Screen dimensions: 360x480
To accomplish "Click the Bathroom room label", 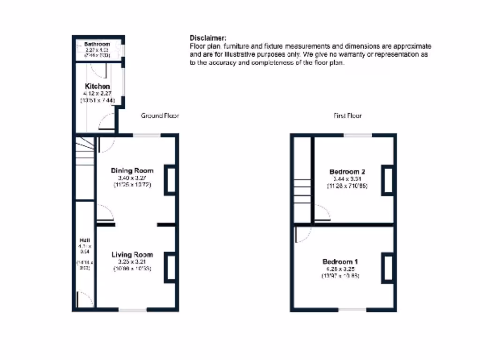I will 97,44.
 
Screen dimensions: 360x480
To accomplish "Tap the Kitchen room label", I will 97,86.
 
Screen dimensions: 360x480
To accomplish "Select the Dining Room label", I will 132,170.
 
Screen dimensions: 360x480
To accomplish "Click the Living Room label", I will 132,255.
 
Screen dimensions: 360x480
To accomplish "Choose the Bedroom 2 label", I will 347,172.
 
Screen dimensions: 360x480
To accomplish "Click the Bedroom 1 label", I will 341,262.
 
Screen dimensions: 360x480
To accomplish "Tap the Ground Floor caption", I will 160,116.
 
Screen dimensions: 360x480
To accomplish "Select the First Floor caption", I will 347,116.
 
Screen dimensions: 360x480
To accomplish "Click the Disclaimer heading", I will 208,38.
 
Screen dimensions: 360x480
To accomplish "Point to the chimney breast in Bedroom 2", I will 388,180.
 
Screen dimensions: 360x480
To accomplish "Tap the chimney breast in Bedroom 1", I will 388,268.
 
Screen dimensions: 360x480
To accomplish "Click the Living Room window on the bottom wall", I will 132,310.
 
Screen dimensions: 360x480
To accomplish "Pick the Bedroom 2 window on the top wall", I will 358,135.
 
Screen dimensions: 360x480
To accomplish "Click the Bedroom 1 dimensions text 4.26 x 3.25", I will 341,269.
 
